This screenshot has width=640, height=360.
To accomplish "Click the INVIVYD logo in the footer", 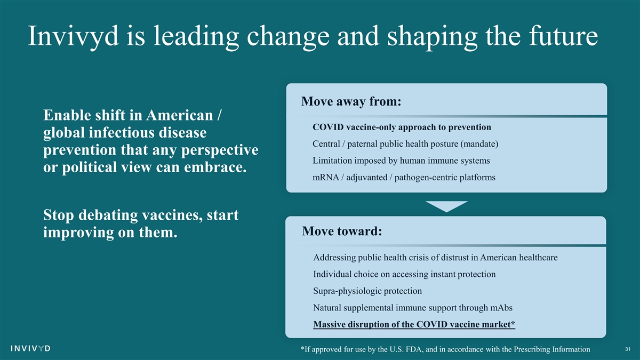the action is [30, 348].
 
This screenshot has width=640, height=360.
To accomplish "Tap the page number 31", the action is [627, 349].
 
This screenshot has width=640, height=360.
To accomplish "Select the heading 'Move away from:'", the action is [351, 101].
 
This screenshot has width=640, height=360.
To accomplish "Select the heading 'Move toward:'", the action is [342, 231].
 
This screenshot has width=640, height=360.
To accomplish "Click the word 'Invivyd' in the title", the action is [73, 36].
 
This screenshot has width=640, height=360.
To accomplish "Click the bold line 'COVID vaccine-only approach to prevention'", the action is [402, 127].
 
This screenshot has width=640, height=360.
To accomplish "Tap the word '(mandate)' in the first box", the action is [479, 143].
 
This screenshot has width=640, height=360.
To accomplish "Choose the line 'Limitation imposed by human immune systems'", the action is [401, 161].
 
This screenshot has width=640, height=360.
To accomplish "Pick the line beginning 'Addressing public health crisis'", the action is [435, 258].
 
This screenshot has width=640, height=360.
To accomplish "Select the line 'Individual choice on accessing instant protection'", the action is [404, 274].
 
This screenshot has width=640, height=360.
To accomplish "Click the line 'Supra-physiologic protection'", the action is [367, 291].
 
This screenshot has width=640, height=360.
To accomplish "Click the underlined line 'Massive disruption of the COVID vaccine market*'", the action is [414, 325].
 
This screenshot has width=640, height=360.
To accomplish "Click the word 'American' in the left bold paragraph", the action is [180, 115].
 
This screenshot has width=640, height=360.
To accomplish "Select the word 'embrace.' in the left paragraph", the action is [215, 167].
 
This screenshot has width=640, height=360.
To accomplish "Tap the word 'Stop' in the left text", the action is [58, 215].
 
